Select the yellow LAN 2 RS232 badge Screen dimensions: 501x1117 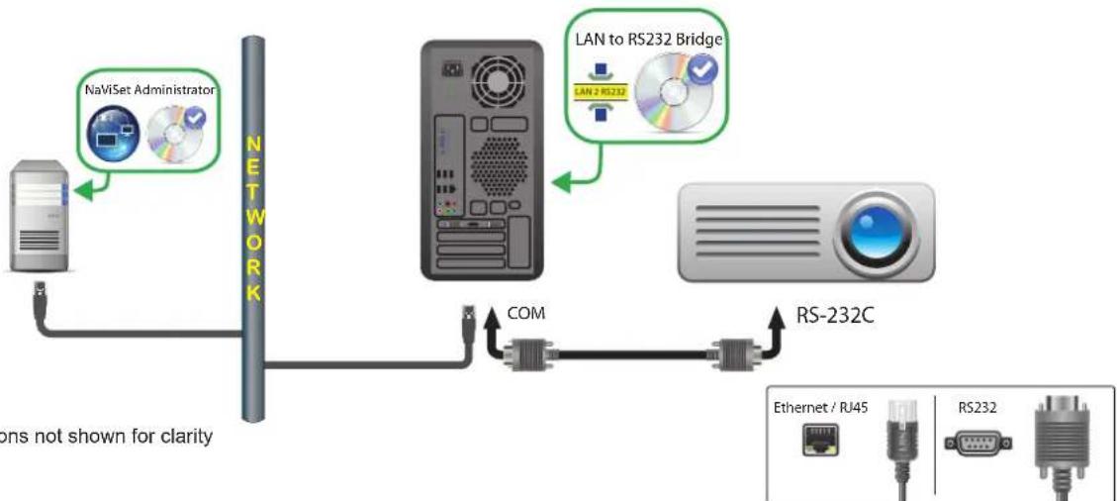pyautogui.click(x=596, y=90)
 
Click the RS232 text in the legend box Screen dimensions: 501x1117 pyautogui.click(x=976, y=405)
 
